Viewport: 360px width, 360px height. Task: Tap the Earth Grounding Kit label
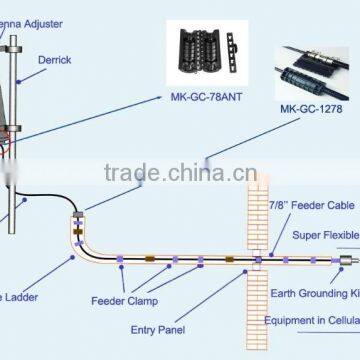(314, 295)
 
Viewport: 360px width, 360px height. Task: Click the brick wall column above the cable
(258, 220)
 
